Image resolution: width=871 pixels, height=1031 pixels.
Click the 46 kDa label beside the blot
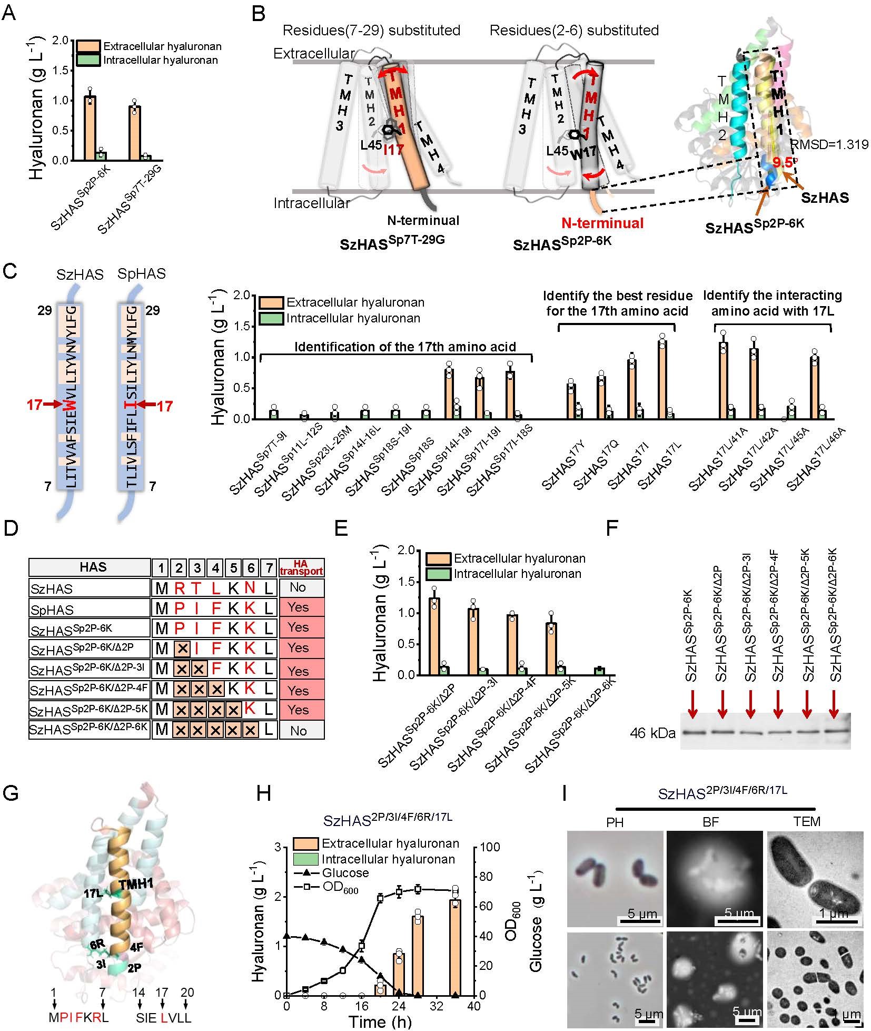(652, 733)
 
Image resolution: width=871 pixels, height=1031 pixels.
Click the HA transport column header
(301, 567)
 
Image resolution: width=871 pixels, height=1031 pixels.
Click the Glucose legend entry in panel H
(345, 873)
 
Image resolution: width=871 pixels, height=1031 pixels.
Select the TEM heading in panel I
(807, 821)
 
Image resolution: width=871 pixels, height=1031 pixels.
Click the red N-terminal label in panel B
(602, 223)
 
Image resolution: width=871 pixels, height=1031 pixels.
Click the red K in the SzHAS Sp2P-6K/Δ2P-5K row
(251, 709)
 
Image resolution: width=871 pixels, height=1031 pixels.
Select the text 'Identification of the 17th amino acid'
(405, 347)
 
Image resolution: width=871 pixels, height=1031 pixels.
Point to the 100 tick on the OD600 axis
(488, 847)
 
